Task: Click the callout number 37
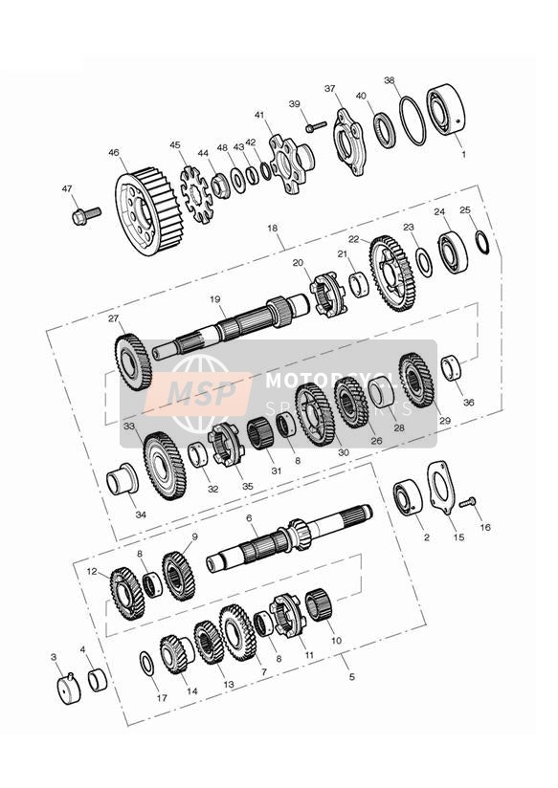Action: tap(330, 89)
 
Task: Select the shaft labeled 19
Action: tap(230, 325)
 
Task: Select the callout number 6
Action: tap(249, 517)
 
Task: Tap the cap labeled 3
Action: tap(68, 689)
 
